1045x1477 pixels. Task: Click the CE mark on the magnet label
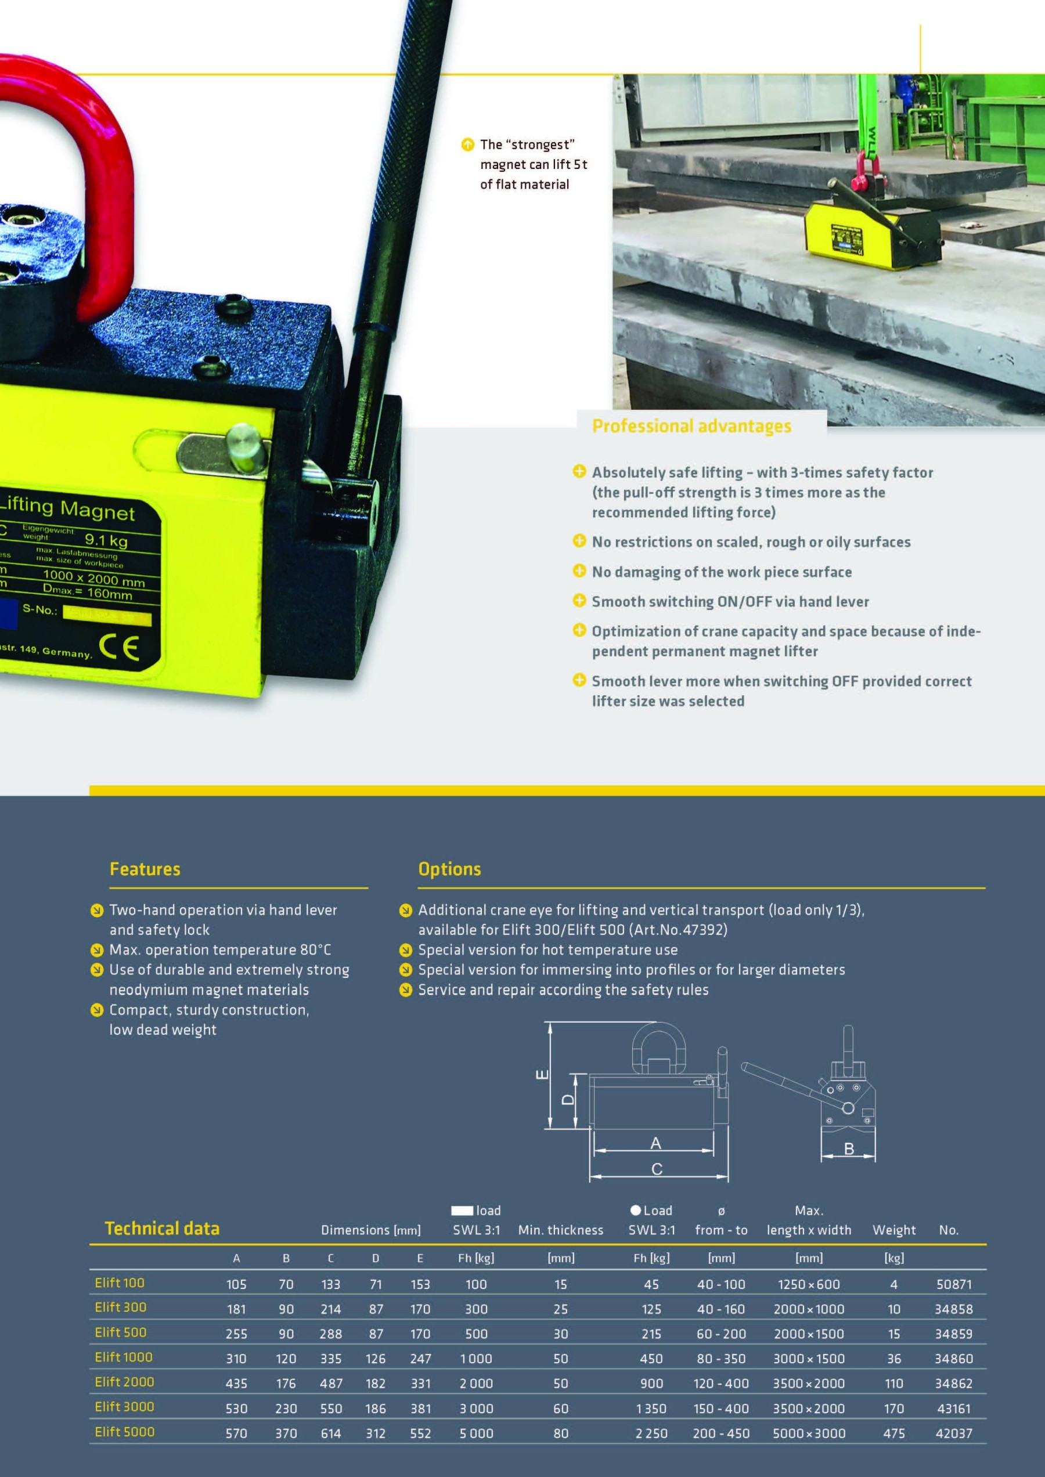click(119, 647)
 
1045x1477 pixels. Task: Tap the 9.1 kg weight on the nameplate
click(106, 540)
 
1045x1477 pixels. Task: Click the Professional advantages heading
click(692, 427)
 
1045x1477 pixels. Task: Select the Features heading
click(145, 869)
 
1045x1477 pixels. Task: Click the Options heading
click(449, 869)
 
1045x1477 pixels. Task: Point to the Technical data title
click(162, 1229)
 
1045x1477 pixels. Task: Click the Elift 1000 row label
click(124, 1357)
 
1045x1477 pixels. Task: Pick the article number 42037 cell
click(954, 1433)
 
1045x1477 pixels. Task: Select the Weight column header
click(894, 1230)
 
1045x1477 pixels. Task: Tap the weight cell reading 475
click(894, 1433)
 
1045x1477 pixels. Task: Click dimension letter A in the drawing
click(655, 1143)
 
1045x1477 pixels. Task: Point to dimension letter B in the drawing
click(849, 1149)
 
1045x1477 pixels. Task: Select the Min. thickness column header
click(560, 1230)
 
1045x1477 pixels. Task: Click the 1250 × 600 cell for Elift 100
click(809, 1285)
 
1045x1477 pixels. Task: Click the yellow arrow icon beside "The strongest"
click(469, 145)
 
